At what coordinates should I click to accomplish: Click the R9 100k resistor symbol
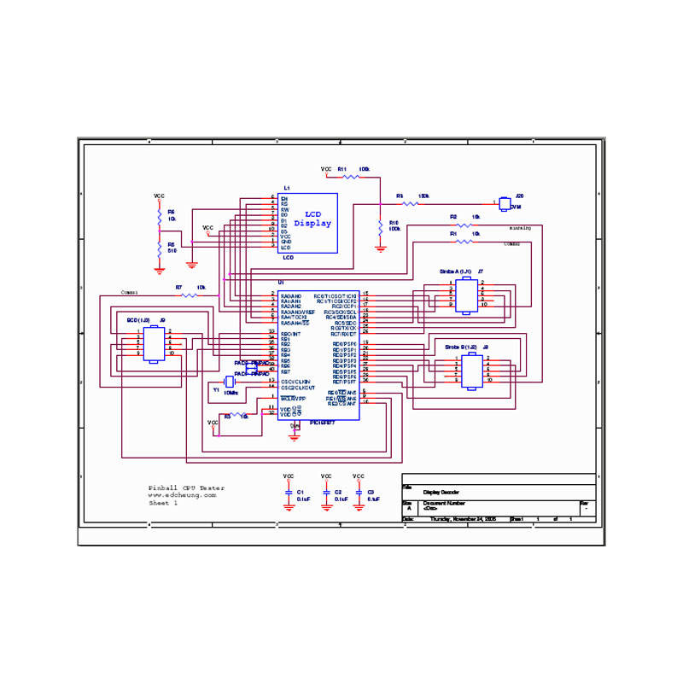[411, 203]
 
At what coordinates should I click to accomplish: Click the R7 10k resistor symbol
[189, 295]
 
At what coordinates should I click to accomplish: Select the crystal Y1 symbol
[228, 382]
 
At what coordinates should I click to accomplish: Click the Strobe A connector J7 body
[466, 295]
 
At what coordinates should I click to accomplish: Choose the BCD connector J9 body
[153, 343]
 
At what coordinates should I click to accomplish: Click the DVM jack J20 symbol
[504, 202]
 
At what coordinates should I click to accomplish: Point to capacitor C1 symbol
[289, 493]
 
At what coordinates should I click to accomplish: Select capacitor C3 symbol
[359, 493]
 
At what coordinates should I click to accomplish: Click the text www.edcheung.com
[182, 495]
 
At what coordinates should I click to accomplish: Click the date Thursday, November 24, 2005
[463, 518]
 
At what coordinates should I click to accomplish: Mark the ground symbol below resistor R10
[380, 248]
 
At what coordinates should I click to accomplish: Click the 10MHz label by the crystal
[231, 392]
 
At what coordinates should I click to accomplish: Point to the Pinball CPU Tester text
[187, 487]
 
